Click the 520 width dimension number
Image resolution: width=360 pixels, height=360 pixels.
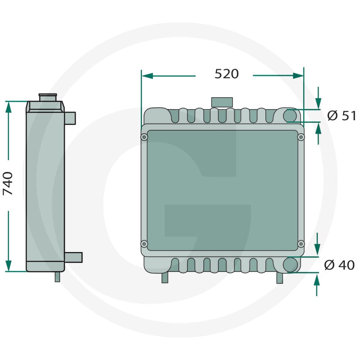pos(227,74)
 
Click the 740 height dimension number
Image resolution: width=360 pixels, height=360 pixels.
pos(8,184)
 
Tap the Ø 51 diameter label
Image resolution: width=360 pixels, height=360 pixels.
pos(342,116)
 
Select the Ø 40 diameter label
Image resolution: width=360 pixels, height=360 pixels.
pos(339,265)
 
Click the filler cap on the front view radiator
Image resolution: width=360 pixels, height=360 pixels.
pos(222,102)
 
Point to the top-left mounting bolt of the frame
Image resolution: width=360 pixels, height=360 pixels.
pos(144,137)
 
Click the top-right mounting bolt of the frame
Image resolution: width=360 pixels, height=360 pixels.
pos(301,137)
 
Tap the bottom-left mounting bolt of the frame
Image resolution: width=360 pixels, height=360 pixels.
pos(144,243)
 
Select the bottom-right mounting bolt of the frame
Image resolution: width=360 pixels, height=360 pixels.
pos(301,243)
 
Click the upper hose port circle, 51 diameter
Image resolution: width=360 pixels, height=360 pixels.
pos(290,116)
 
